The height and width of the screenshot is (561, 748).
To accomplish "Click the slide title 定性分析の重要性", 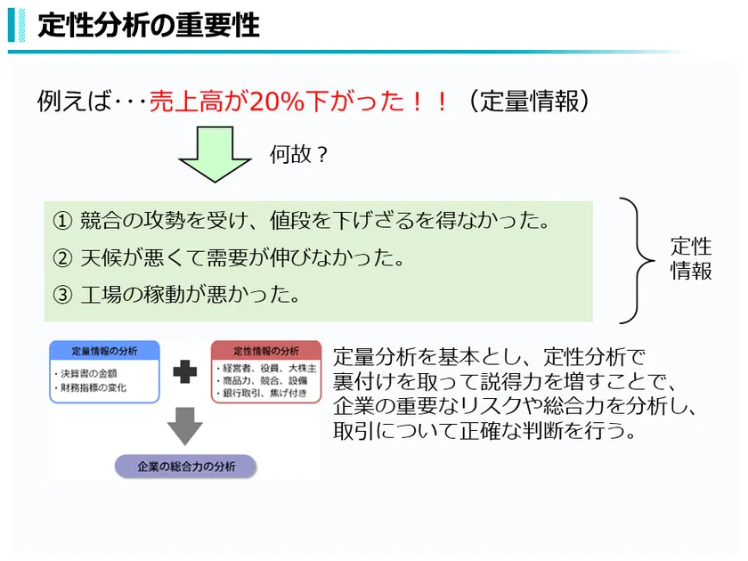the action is point(149,25).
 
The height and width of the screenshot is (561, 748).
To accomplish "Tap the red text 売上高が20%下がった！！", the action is point(299,102).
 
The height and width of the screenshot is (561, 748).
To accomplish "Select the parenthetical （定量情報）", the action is point(530,102).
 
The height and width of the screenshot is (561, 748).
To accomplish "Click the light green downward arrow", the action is point(215,154).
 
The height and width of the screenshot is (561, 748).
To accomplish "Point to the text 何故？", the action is point(298,154).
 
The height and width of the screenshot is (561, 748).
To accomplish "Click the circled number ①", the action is point(62,221).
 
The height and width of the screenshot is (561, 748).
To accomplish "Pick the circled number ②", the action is point(62,258).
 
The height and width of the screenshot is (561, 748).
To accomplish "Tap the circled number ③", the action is point(62,295).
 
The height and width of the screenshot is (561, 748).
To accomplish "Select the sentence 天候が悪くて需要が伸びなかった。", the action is point(242,258).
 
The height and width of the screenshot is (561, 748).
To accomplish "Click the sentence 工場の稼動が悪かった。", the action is point(190,295).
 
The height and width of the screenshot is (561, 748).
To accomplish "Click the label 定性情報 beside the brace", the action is point(691,258).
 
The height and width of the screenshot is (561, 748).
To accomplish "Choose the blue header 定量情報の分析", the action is point(104,351).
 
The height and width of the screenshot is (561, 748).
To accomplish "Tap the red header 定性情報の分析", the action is point(266,351).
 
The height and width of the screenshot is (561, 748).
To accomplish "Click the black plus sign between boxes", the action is point(185,371).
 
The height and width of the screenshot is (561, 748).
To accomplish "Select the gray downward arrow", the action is point(185,426).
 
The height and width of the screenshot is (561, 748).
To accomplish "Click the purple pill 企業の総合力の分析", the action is point(186,467).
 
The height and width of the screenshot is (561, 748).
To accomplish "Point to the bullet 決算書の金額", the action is point(85,373).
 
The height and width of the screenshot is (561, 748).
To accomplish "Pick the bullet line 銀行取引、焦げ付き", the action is point(262,393).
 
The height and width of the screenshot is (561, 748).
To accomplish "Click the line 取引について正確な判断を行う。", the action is point(484,431).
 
